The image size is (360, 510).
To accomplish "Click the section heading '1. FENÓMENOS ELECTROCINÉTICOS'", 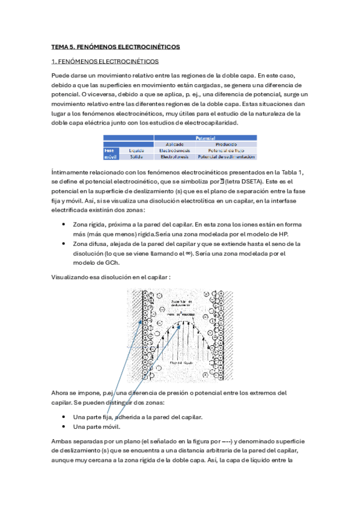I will tap(105, 61).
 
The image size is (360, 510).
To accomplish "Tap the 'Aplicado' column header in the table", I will tap(175, 144).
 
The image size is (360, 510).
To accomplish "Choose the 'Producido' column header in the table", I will tap(225, 144).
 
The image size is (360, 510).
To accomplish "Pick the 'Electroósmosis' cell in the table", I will tap(175, 150).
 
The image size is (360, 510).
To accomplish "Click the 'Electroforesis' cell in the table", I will tap(175, 157).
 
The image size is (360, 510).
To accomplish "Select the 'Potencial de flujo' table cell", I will tap(225, 150).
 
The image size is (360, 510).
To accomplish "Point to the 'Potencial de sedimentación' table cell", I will tap(225, 157).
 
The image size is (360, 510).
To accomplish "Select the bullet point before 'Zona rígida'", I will tap(64, 224).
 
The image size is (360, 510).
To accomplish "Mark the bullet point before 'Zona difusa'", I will tap(64, 244).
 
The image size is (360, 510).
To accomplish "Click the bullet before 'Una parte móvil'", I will tap(64, 426).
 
